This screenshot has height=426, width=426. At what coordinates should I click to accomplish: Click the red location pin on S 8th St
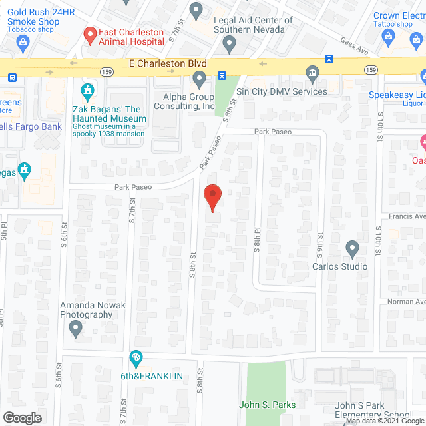tap(212, 197)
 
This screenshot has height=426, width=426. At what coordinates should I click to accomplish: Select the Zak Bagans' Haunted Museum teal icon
tap(87, 90)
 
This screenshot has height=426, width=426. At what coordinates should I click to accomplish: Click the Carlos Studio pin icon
tap(353, 249)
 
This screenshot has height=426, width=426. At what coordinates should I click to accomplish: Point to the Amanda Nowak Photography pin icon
tap(75, 327)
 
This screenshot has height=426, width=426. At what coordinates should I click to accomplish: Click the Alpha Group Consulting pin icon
tap(199, 80)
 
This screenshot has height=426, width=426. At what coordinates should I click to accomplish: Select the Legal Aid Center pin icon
tap(230, 45)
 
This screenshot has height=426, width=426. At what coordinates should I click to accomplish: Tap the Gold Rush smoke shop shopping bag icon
tap(23, 45)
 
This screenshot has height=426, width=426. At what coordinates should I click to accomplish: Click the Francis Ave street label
tap(407, 216)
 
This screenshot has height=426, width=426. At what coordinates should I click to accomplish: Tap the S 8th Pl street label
tap(256, 236)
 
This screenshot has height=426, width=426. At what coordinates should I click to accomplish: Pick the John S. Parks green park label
tap(268, 405)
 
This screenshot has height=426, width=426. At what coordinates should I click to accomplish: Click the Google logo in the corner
tap(21, 417)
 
